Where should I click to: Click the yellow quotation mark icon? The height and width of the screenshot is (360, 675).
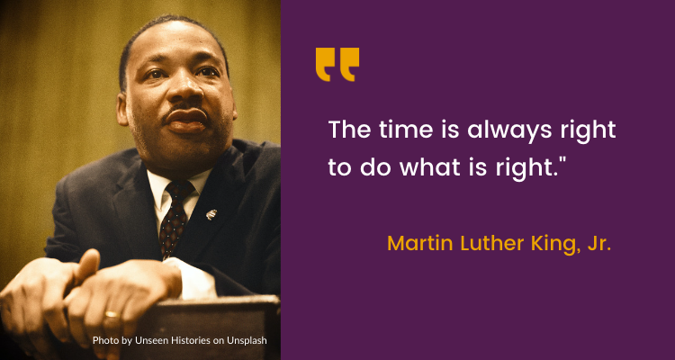point(337,65)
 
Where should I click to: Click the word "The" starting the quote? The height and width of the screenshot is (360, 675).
point(346,130)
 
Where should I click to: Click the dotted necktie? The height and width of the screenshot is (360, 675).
point(172,216)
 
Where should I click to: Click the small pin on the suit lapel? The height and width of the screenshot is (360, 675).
point(211,214)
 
